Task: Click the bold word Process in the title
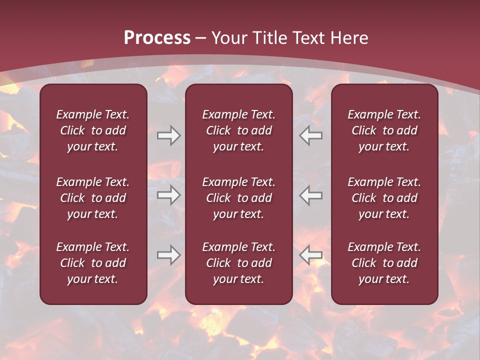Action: (157, 38)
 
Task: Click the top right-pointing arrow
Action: (168, 135)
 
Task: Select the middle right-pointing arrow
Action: (168, 195)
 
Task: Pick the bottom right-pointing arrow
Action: (168, 255)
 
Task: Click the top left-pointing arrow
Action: (311, 135)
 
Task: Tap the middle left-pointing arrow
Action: (311, 195)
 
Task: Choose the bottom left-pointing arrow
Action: (311, 255)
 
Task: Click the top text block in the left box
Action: (93, 130)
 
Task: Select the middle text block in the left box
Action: (93, 198)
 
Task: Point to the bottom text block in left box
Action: (93, 263)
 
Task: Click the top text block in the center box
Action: (238, 130)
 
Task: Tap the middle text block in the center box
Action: (238, 198)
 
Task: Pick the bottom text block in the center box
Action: (238, 263)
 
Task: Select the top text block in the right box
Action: (384, 130)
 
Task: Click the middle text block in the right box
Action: (384, 198)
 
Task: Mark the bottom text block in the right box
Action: (384, 263)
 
